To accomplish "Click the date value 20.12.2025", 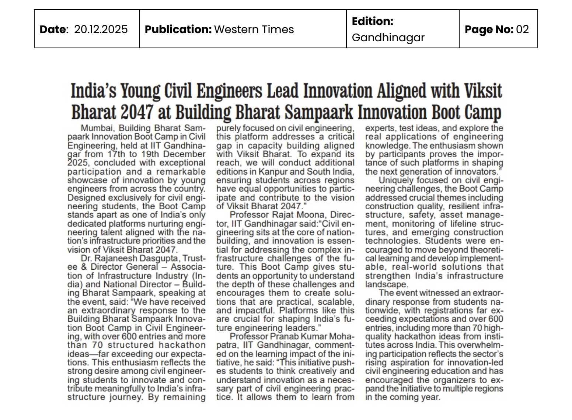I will click(x=101, y=29).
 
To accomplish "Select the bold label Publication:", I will click(x=178, y=29).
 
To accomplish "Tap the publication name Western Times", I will click(x=254, y=29).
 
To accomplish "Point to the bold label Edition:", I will click(x=372, y=21).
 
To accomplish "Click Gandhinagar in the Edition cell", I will click(x=388, y=38).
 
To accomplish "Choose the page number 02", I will click(x=522, y=29).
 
